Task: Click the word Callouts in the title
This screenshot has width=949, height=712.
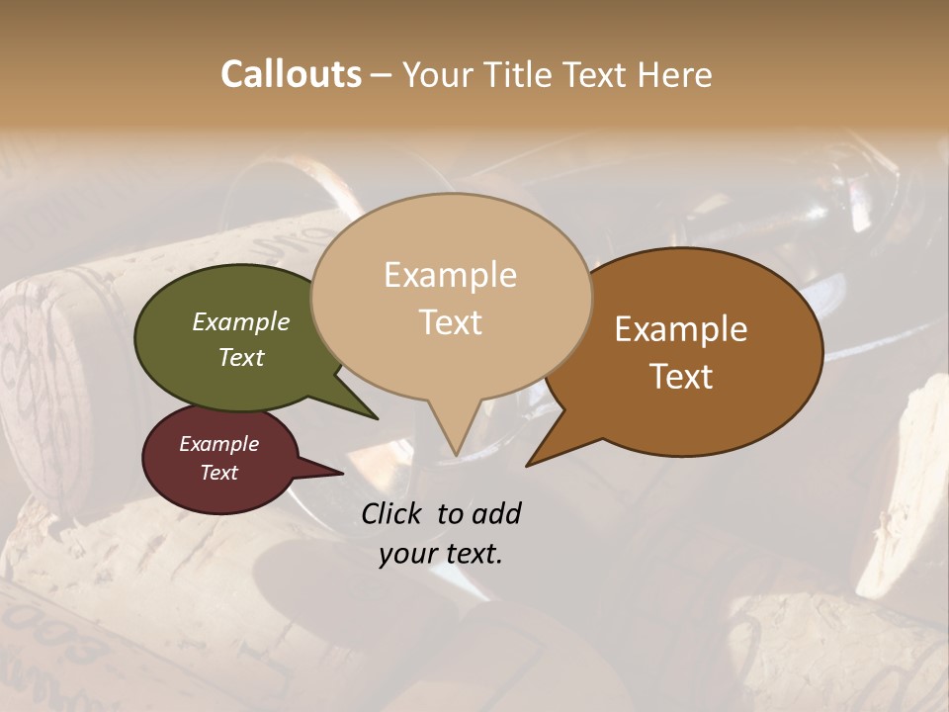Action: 291,74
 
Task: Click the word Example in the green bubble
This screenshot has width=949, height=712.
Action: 241,322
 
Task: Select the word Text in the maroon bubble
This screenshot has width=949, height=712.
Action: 219,473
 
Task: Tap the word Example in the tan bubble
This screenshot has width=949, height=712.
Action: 451,275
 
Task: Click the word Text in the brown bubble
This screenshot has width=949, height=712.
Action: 681,377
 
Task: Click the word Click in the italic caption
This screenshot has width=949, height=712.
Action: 392,513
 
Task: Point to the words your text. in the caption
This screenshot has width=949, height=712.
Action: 441,554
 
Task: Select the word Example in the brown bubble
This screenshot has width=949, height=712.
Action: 681,329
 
